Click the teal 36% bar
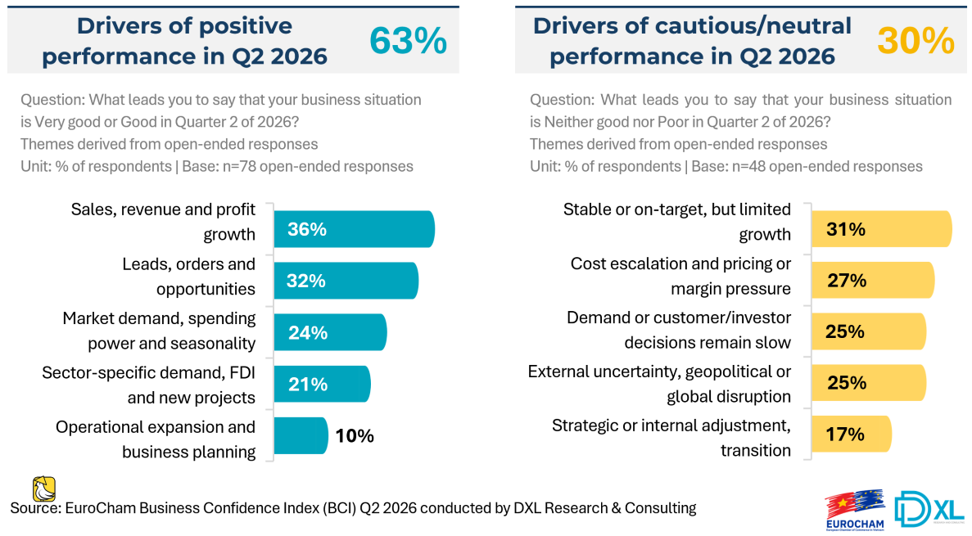[x=354, y=229]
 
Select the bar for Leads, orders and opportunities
[x=346, y=281]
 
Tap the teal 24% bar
[x=330, y=333]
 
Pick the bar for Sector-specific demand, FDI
[x=323, y=384]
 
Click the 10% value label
[x=355, y=436]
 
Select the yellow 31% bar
[x=881, y=229]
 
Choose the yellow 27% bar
[x=873, y=280]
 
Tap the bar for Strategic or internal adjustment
[x=852, y=434]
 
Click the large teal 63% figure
[x=408, y=41]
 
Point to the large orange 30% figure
[x=915, y=41]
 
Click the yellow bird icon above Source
[x=44, y=489]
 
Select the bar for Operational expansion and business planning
[x=301, y=435]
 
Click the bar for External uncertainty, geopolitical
[x=869, y=382]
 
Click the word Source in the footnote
[x=34, y=509]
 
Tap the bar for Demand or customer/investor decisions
[x=869, y=331]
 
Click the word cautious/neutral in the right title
[x=736, y=27]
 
